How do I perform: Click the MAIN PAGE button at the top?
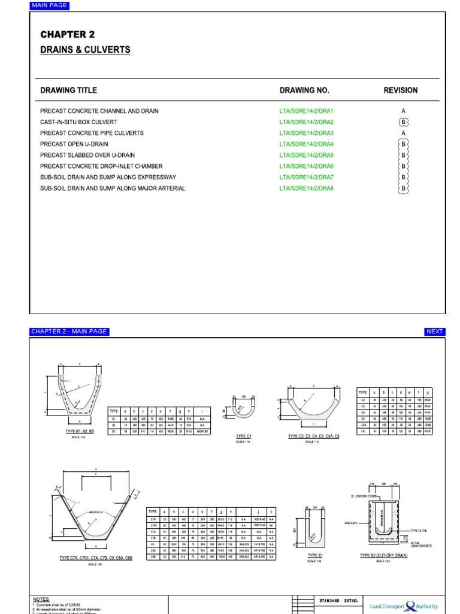(x=49, y=6)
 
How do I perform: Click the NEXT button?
(x=435, y=332)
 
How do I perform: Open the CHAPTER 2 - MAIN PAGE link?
(x=69, y=332)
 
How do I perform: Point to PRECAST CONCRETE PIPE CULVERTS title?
(x=92, y=133)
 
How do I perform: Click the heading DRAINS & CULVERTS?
(x=85, y=50)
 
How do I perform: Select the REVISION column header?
(x=401, y=91)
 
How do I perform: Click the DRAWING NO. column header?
(x=304, y=91)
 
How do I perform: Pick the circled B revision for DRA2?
(x=404, y=122)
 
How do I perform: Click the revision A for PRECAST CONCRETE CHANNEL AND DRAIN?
(x=404, y=112)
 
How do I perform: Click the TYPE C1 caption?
(x=243, y=436)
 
